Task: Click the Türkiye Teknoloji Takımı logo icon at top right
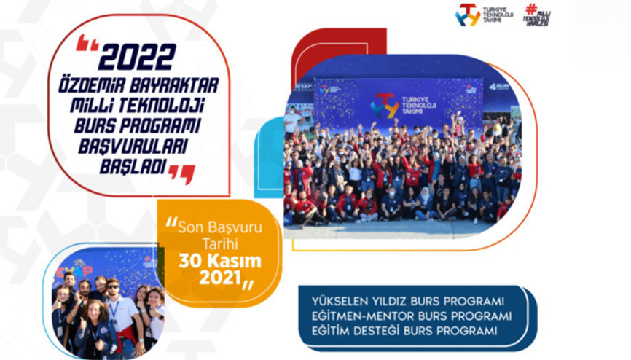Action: (x=468, y=15)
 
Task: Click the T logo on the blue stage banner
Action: (x=383, y=106)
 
